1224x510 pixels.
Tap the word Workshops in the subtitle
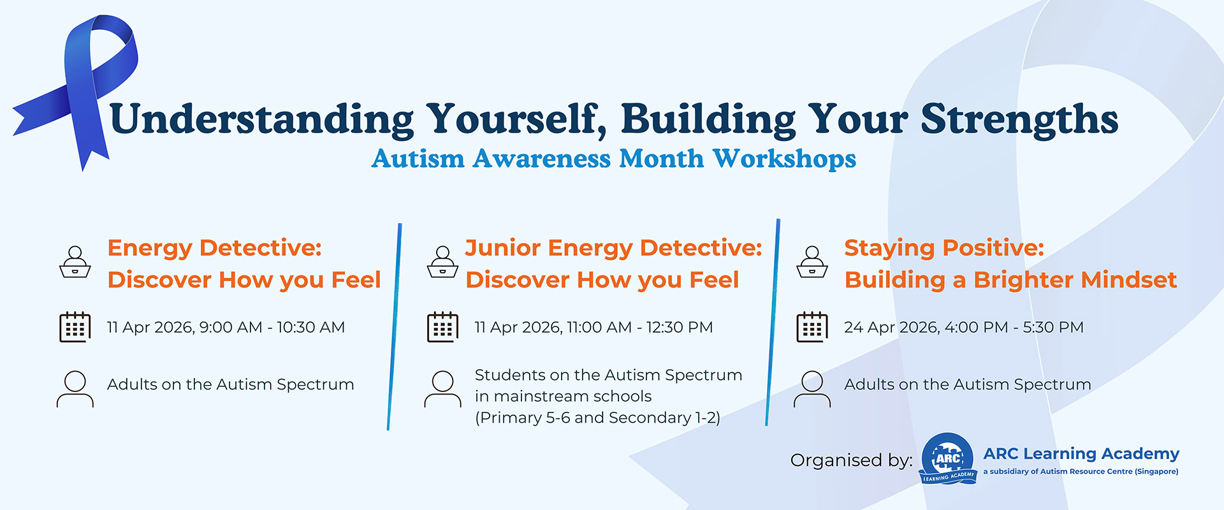(x=783, y=159)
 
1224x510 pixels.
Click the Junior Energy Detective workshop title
(x=613, y=263)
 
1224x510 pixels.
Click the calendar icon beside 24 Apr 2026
(x=812, y=327)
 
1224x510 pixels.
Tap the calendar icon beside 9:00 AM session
(x=75, y=327)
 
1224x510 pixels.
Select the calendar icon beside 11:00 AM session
(x=442, y=327)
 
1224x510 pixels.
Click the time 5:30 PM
(x=1053, y=328)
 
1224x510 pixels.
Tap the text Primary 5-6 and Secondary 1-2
(x=597, y=418)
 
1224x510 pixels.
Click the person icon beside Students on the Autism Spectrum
(x=442, y=389)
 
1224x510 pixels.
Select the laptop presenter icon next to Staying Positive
(x=812, y=262)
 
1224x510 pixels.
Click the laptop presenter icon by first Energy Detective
(x=75, y=262)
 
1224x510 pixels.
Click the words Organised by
(x=851, y=460)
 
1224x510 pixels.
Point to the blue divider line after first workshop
(x=394, y=326)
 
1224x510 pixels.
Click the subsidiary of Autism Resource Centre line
(x=1080, y=472)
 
